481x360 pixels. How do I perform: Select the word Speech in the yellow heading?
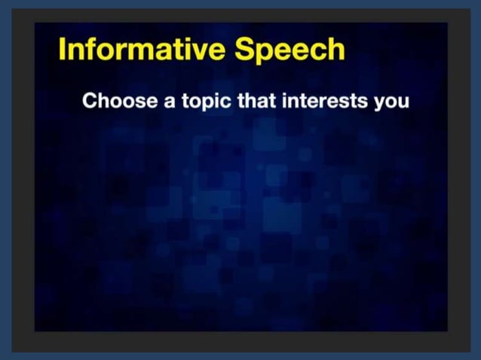[290, 50]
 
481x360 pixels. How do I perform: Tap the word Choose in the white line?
[120, 101]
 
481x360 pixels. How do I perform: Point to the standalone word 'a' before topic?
[170, 102]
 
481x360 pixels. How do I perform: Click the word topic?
[207, 102]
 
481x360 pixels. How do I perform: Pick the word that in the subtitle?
[257, 101]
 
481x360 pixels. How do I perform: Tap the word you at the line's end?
[391, 102]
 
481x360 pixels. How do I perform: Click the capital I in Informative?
[63, 50]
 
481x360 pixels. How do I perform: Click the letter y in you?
[379, 103]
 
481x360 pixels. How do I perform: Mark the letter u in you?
[403, 102]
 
